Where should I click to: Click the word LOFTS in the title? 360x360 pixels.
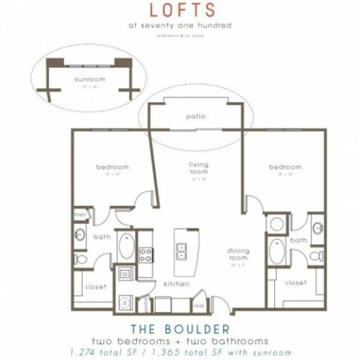point(180,10)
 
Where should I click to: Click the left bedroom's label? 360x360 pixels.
point(112,167)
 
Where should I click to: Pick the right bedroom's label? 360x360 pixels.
point(283,167)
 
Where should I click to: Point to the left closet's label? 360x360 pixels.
point(96,287)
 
